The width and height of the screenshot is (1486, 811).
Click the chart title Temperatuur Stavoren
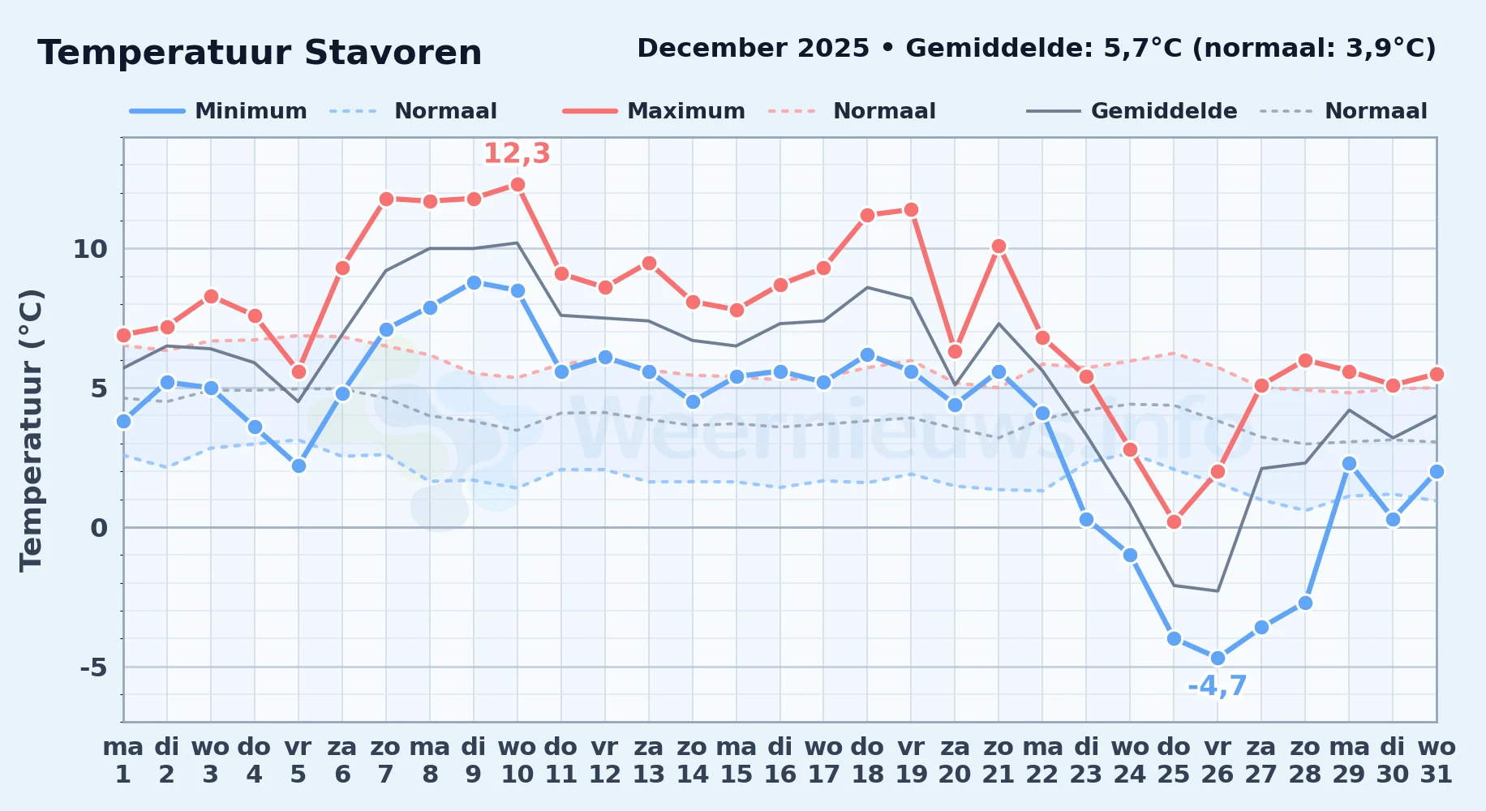260,53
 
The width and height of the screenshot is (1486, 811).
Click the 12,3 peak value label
517,153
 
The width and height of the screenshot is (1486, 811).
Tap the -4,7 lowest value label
1217,686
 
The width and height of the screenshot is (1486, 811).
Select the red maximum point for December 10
518,185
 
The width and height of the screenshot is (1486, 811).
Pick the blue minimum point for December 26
1218,659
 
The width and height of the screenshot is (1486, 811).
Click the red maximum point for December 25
1174,522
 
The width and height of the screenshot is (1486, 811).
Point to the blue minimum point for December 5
298,466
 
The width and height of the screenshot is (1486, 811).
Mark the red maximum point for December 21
999,247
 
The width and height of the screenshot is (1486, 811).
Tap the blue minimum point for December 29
1349,464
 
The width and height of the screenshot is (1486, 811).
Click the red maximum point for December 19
911,210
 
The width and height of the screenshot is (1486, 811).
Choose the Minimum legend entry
218,111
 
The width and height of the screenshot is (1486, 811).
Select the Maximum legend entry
654,111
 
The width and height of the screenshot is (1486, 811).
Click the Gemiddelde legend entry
1132,111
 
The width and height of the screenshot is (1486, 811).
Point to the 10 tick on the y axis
90,249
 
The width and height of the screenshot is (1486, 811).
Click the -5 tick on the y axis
93,667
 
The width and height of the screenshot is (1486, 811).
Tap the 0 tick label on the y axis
99,528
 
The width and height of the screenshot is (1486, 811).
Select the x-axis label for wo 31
1437,761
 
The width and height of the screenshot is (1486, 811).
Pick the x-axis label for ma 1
123,761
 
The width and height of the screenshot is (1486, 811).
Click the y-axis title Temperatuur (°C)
31,430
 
